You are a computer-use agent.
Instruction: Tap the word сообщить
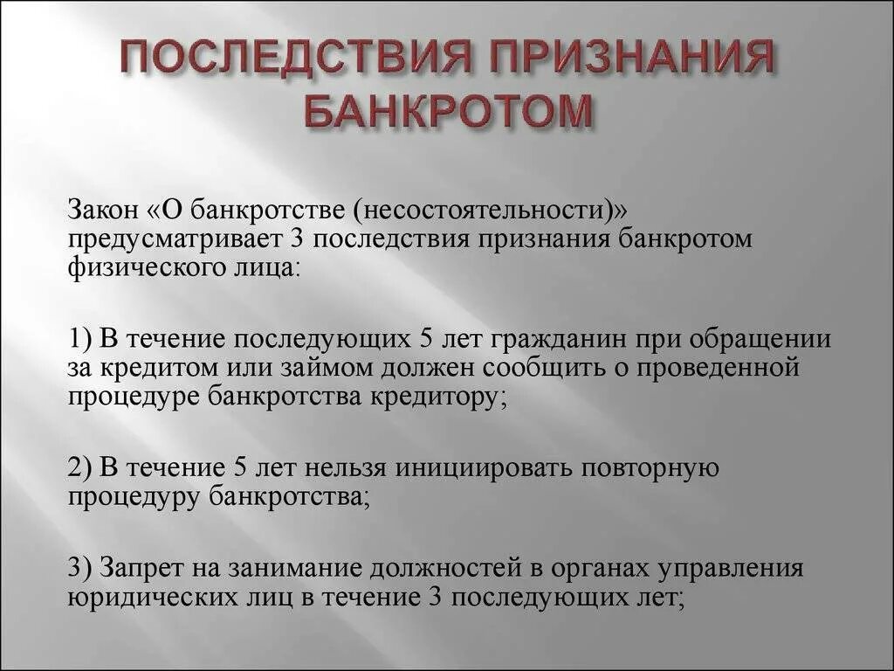click(x=488, y=367)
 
